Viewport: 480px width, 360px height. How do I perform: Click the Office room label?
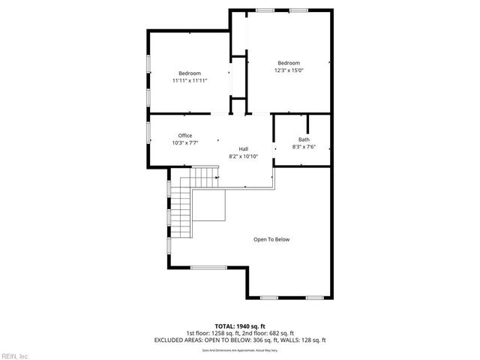pyautogui.click(x=185, y=136)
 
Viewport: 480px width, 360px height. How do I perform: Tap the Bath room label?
pyautogui.click(x=304, y=139)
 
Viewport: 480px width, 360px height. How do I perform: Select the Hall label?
pyautogui.click(x=244, y=149)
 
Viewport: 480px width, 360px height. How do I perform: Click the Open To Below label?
pyautogui.click(x=271, y=239)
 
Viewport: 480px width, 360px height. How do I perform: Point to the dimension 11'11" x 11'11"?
pyautogui.click(x=189, y=80)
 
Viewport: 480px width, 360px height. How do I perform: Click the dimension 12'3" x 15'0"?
pyautogui.click(x=289, y=70)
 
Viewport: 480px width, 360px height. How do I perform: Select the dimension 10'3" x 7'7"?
pyautogui.click(x=185, y=142)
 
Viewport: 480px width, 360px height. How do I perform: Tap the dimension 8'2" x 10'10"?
pyautogui.click(x=244, y=156)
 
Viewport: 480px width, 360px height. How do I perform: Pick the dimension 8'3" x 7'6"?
pyautogui.click(x=304, y=146)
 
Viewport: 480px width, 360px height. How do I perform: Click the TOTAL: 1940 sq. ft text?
pyautogui.click(x=240, y=326)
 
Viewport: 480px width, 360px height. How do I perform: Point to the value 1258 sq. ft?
pyautogui.click(x=226, y=333)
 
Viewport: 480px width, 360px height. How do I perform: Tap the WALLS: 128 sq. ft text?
pyautogui.click(x=301, y=340)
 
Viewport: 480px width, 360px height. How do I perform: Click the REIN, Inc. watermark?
pyautogui.click(x=15, y=355)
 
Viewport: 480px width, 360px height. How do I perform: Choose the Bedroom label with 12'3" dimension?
pyautogui.click(x=289, y=63)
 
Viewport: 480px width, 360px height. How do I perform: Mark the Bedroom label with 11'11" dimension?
pyautogui.click(x=189, y=73)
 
